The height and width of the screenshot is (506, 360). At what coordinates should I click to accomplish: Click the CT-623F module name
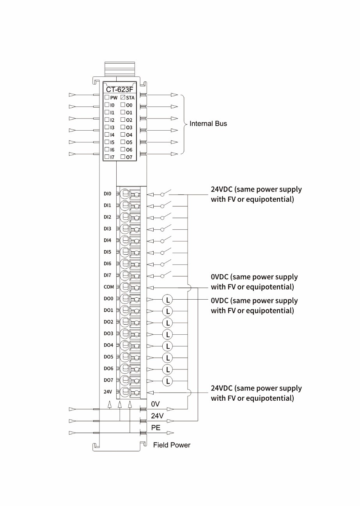tap(119, 90)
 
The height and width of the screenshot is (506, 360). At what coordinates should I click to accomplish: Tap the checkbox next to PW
tap(107, 98)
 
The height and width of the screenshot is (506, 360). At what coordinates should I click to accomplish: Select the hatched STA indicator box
tap(123, 98)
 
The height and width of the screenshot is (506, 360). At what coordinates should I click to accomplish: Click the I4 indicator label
tap(112, 135)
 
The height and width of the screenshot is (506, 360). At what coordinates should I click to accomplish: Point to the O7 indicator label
tap(129, 157)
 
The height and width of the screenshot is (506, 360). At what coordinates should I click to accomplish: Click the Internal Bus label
tap(208, 124)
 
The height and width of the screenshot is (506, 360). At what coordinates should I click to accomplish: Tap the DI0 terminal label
tap(108, 194)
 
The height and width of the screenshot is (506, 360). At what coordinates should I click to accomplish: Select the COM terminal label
tap(109, 287)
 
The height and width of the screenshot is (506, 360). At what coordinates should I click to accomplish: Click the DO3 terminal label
tap(108, 334)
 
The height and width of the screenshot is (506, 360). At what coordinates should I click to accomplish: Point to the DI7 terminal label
tap(108, 275)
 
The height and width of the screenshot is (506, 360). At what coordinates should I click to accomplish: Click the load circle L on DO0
tap(167, 300)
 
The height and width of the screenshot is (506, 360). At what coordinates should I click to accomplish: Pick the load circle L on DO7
tap(167, 381)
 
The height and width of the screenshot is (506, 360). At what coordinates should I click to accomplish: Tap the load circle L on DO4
tap(167, 346)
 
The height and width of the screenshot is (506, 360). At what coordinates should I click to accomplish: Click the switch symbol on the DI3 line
tap(166, 228)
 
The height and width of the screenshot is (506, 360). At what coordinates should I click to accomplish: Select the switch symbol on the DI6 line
tap(166, 263)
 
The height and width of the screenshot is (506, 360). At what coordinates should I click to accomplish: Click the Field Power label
tap(172, 445)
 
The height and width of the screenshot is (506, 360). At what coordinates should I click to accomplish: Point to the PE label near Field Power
tap(156, 428)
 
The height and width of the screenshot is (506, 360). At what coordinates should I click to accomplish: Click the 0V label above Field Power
tap(156, 404)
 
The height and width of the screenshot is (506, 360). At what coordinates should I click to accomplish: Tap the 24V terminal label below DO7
tap(108, 392)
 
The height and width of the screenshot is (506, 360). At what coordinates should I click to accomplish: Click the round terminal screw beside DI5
tap(125, 252)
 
